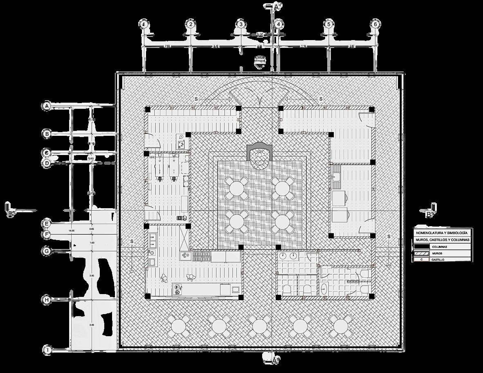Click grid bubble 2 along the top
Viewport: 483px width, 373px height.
pos(191,24)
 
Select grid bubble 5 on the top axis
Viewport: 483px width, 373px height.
pos(328,24)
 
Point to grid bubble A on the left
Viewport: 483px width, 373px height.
pos(47,106)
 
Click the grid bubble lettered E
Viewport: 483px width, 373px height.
pos(47,223)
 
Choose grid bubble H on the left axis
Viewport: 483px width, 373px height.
pos(47,300)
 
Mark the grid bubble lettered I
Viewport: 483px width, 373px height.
pos(47,350)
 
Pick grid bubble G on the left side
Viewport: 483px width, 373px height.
pos(47,251)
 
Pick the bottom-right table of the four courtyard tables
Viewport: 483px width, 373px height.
pos(282,221)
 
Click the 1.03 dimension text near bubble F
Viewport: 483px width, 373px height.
pos(92,243)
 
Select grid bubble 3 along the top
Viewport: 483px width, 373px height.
pos(241,24)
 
